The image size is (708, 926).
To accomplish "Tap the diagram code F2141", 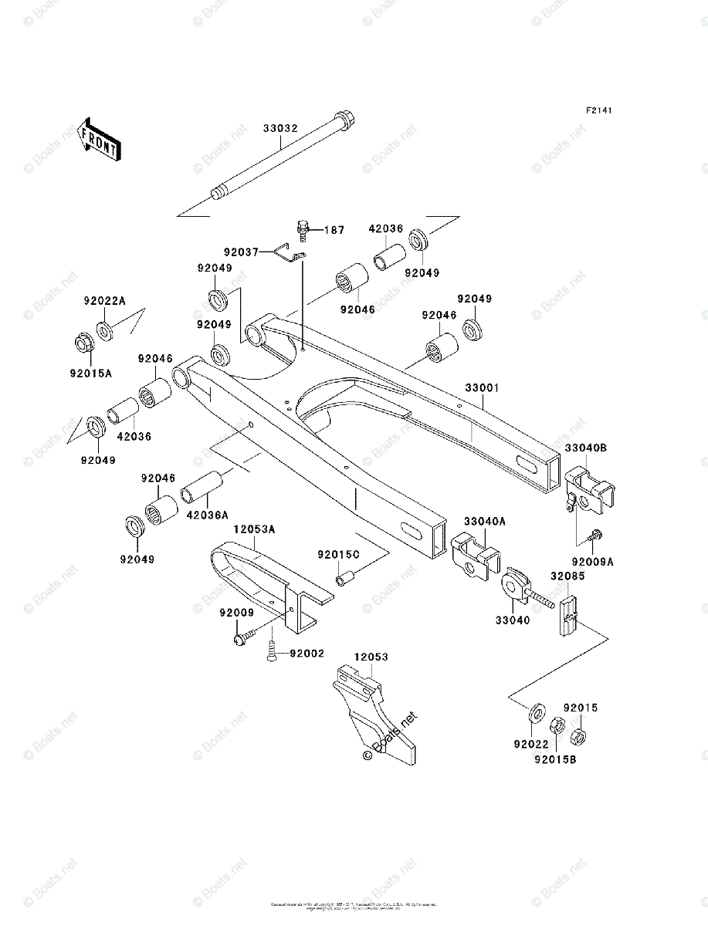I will tap(598, 111).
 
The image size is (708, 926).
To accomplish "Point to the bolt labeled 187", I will tap(303, 228).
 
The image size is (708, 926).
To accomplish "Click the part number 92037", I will tap(242, 251).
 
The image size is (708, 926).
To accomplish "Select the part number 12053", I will tap(371, 657).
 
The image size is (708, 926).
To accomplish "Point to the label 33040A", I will tap(484, 522).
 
